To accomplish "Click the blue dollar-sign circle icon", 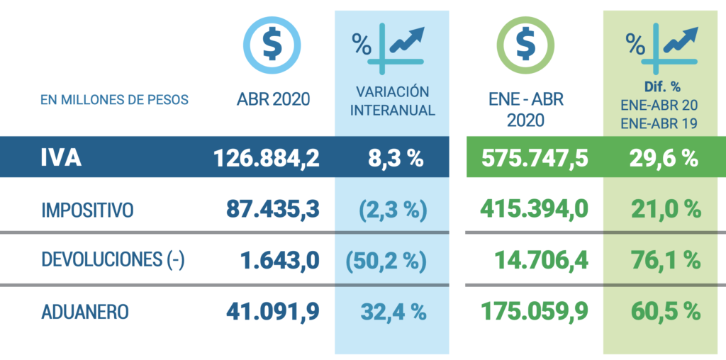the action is (x=272, y=45).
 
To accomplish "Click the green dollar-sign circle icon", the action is (x=525, y=45).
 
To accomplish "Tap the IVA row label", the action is (x=61, y=158).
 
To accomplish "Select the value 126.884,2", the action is (x=267, y=158).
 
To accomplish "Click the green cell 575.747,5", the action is (x=535, y=158).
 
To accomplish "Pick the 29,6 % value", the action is (x=664, y=158).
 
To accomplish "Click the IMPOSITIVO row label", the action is (x=87, y=210).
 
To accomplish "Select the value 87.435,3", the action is (x=273, y=210).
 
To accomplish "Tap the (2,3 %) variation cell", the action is (x=392, y=210).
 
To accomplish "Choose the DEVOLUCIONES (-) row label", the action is (x=113, y=260).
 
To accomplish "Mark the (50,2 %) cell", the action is (x=386, y=261).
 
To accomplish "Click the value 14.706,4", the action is (x=542, y=261).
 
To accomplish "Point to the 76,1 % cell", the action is (x=666, y=261).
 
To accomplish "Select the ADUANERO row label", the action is (x=85, y=312).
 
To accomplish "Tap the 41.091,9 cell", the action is (x=273, y=311).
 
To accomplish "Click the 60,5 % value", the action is (x=665, y=311).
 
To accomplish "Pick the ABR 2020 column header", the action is (x=273, y=99).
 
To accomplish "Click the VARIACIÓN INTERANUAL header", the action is (x=393, y=101).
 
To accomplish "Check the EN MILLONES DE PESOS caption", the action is (x=115, y=100).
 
